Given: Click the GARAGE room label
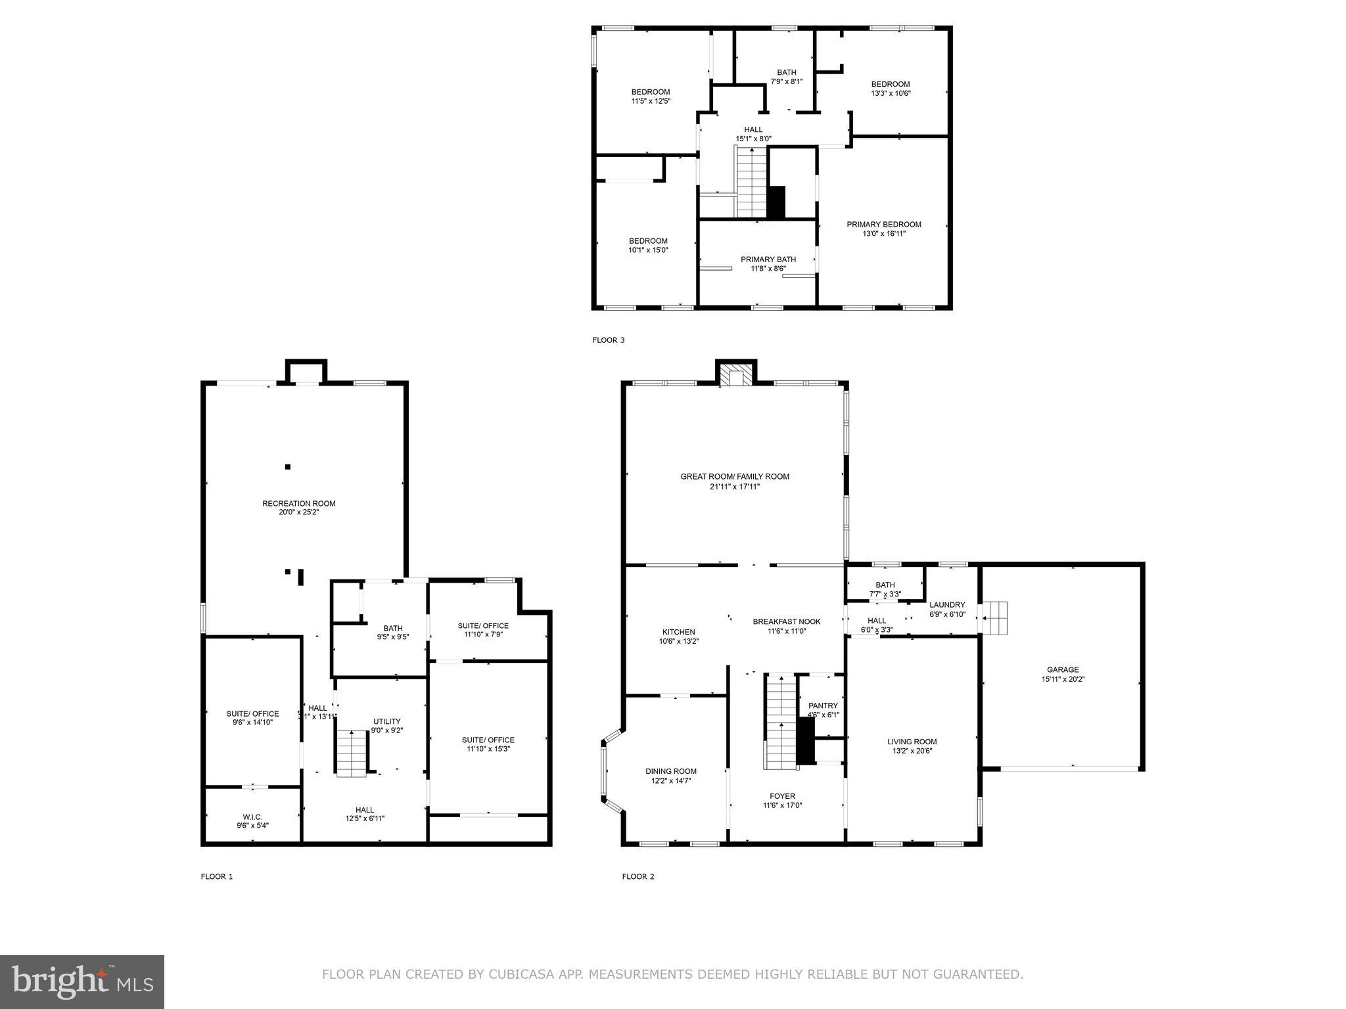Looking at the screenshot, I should [1062, 670].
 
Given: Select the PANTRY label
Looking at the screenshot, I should [823, 706].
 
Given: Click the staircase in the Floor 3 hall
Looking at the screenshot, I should [751, 182].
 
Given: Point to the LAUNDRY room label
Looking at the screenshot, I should [947, 605].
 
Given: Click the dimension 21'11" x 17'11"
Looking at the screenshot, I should [735, 487].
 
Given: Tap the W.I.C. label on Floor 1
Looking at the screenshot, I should [252, 817].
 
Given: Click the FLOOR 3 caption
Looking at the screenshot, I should [609, 340].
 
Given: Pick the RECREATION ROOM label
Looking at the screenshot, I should [298, 504].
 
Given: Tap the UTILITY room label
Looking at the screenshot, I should [386, 721].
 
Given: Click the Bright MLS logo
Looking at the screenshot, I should [82, 981].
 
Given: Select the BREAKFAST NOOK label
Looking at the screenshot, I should [786, 621].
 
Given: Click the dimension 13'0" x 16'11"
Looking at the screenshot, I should [884, 233].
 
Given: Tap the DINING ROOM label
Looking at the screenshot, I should [670, 771].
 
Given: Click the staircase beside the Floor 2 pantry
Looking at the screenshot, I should [779, 721].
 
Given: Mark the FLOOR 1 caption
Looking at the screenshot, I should [217, 876].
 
